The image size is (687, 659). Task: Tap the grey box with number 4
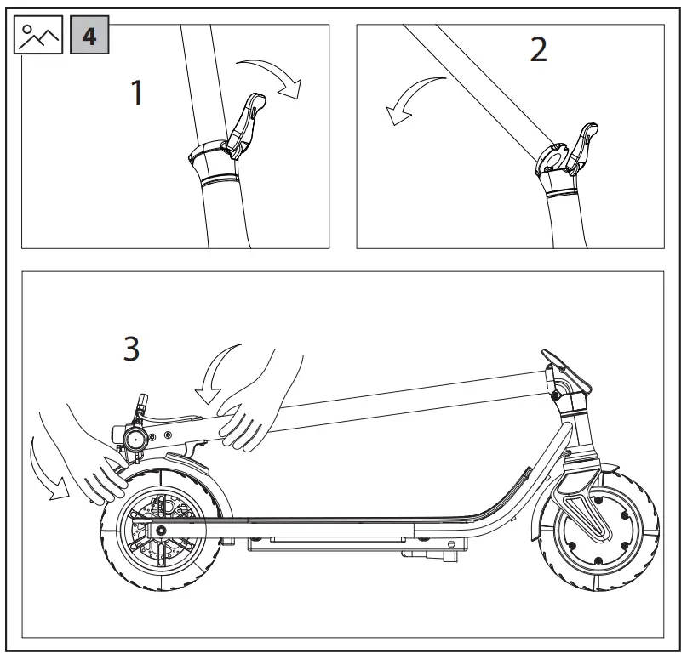click(89, 36)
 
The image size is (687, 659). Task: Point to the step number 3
click(131, 349)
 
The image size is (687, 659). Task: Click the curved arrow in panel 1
click(270, 77)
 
